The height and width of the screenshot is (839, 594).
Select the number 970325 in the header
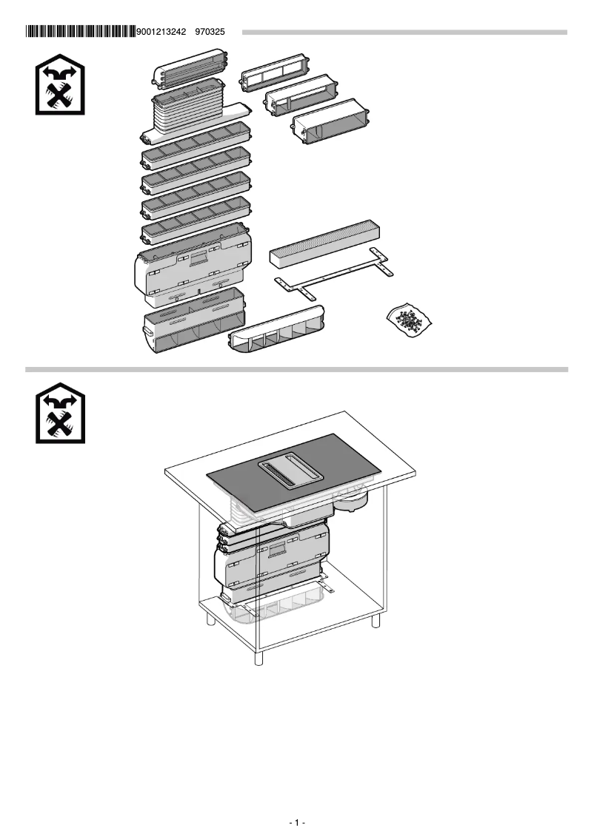click(x=210, y=32)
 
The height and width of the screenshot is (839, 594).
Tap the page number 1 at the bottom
click(x=296, y=823)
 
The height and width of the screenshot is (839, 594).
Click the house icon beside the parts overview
click(x=60, y=87)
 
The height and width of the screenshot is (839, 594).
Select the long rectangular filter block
click(x=325, y=244)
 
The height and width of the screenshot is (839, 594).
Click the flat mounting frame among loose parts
click(x=333, y=275)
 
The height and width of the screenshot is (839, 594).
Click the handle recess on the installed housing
click(x=277, y=550)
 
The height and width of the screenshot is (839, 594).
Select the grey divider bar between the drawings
click(x=296, y=369)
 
